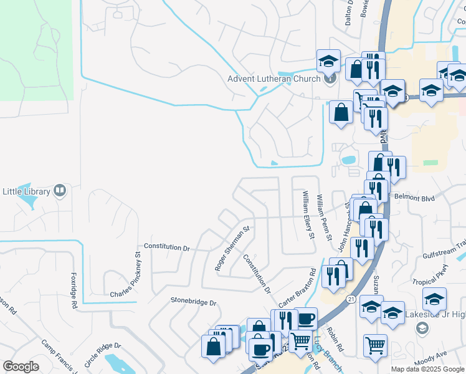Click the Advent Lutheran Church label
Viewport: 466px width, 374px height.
click(x=274, y=79)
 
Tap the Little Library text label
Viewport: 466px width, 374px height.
click(x=27, y=190)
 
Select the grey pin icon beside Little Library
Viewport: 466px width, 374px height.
click(x=60, y=190)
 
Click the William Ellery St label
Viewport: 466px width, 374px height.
click(x=307, y=215)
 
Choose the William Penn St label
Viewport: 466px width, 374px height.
click(x=323, y=218)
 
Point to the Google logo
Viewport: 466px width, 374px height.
click(x=21, y=367)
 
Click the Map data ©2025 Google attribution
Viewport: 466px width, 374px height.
click(x=428, y=369)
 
